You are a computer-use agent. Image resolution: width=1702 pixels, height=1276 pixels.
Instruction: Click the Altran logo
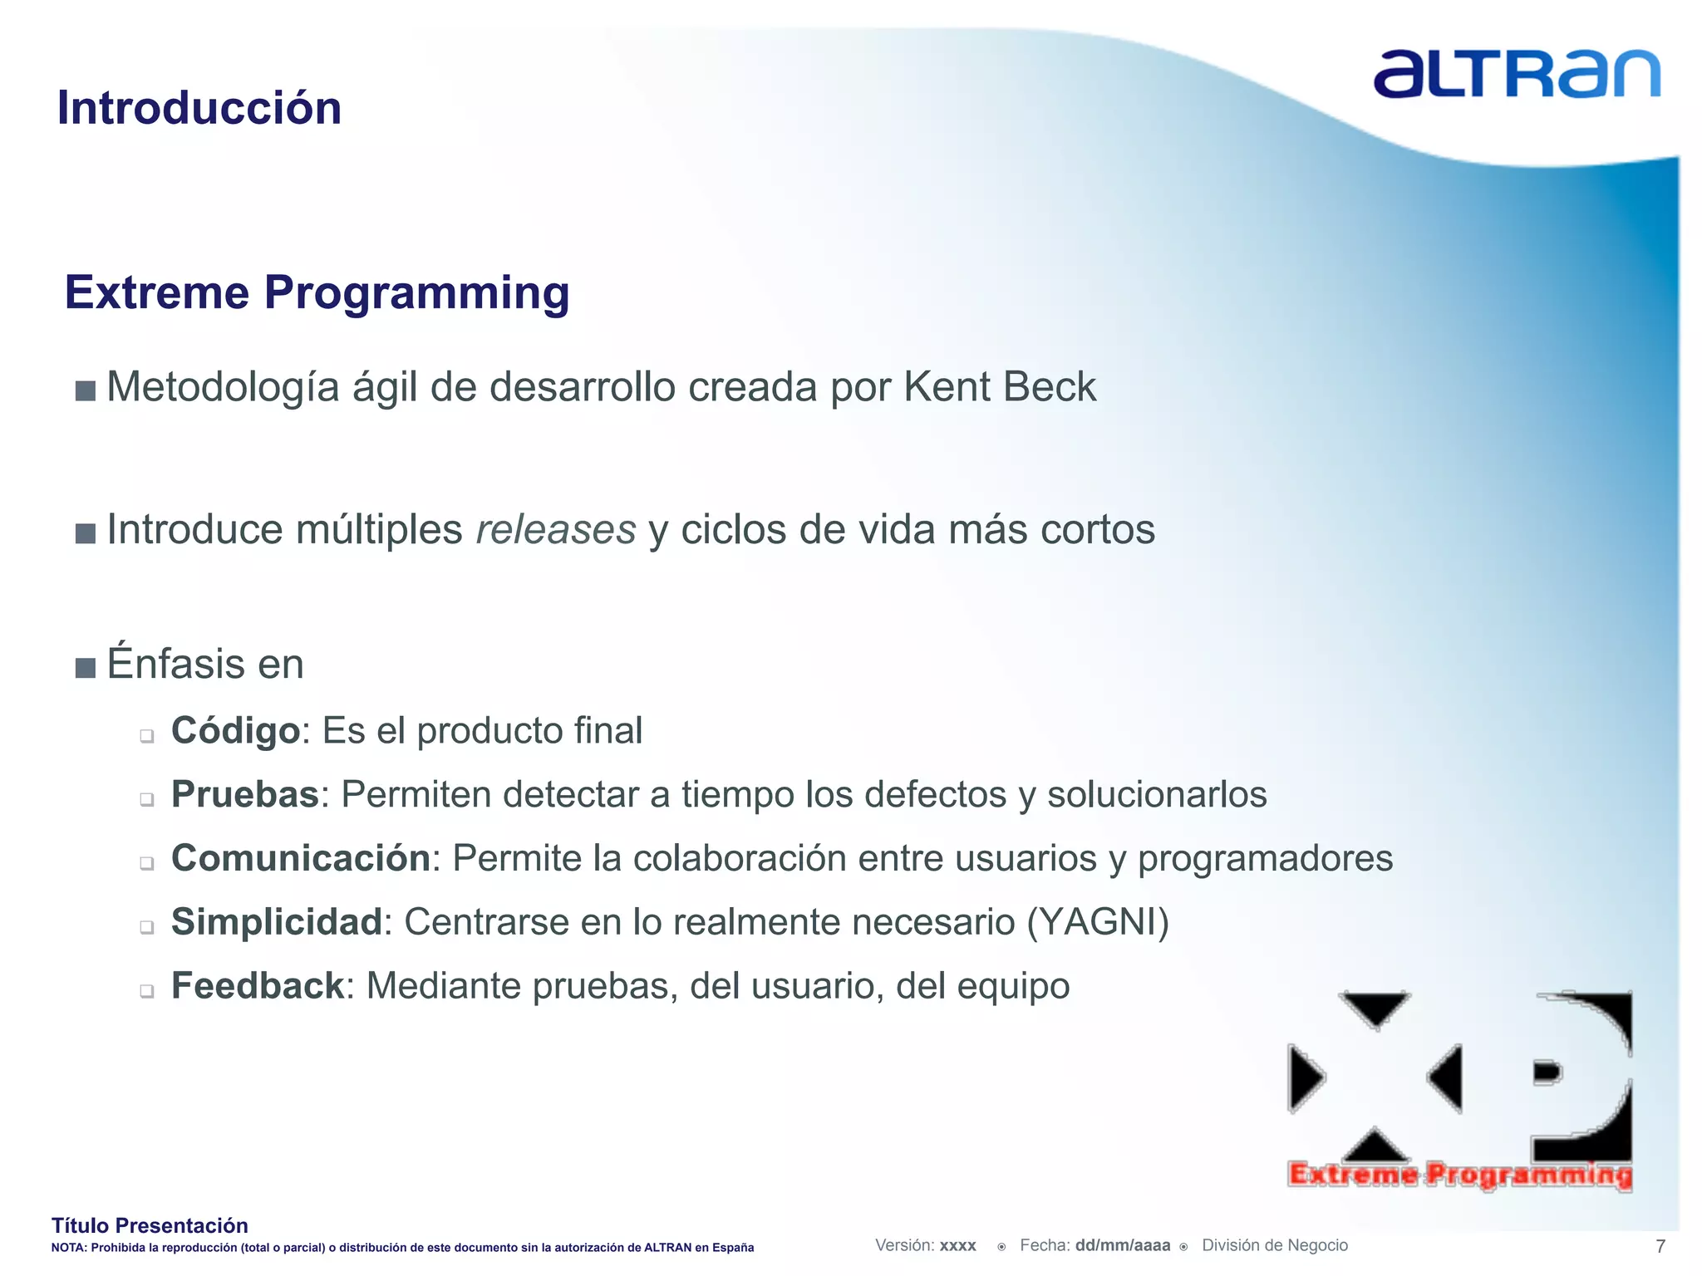point(1516,75)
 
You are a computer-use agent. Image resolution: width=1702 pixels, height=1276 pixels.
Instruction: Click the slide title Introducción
point(199,108)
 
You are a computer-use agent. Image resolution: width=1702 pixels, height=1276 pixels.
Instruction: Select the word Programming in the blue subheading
point(416,293)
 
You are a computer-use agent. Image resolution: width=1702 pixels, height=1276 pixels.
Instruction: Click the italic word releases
point(556,530)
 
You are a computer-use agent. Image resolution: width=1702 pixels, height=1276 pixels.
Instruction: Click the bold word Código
point(235,731)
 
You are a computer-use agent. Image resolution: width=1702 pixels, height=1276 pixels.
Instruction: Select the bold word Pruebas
point(244,795)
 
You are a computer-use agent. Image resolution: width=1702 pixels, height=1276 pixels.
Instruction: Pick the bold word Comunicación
point(300,858)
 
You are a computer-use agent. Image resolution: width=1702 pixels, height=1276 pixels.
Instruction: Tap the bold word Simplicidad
point(276,922)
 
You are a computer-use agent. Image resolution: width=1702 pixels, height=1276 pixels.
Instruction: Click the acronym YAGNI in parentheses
point(1097,922)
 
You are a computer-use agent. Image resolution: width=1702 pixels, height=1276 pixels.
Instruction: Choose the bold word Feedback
point(257,986)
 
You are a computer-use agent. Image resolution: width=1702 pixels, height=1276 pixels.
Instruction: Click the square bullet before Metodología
point(85,390)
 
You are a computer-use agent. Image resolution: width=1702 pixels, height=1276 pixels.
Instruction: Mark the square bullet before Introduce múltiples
point(85,532)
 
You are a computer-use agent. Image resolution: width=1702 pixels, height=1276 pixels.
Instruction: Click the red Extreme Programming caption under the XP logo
point(1459,1175)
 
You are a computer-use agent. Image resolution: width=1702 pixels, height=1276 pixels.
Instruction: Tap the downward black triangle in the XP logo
point(1375,1008)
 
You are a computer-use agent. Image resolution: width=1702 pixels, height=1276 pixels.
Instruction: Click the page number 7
point(1660,1246)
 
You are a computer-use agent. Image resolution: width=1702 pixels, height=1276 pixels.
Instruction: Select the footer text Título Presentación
point(150,1225)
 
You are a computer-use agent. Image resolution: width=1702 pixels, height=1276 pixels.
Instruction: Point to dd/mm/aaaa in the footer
point(1122,1245)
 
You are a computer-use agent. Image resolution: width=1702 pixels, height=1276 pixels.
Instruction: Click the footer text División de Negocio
point(1274,1245)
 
